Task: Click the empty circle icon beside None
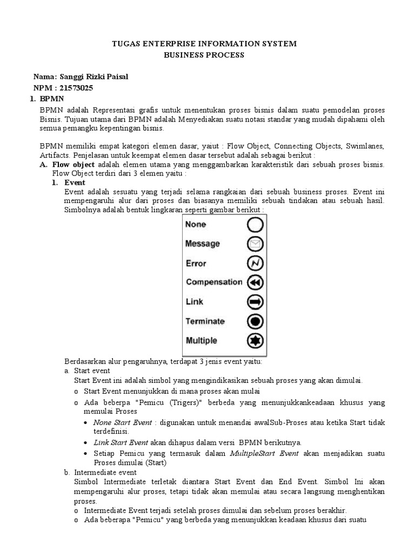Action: [256, 225]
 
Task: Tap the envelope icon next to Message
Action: [256, 244]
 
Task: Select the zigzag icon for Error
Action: [256, 264]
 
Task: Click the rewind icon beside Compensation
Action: [256, 282]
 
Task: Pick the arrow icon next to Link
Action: [256, 301]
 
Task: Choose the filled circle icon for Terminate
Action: [256, 321]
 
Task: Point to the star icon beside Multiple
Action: [256, 341]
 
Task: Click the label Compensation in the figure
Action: [214, 282]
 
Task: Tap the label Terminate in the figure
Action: [205, 321]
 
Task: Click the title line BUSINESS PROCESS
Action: [204, 55]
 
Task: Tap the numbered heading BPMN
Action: [52, 98]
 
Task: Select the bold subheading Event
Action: [75, 183]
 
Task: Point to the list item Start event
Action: [92, 370]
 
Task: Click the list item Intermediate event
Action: [103, 472]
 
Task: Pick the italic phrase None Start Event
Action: [122, 422]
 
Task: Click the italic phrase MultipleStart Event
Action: [264, 453]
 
